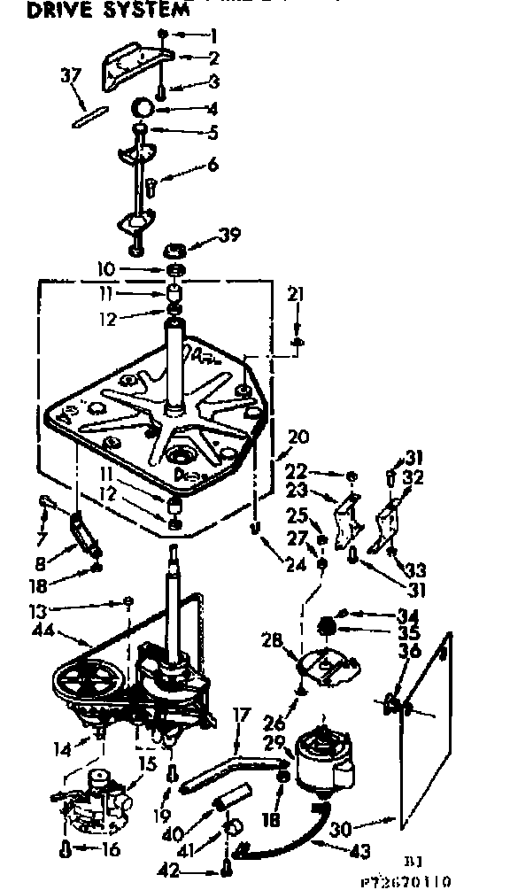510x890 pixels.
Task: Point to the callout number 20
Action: pyautogui.click(x=297, y=438)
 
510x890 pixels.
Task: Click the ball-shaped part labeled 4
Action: pyautogui.click(x=143, y=110)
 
